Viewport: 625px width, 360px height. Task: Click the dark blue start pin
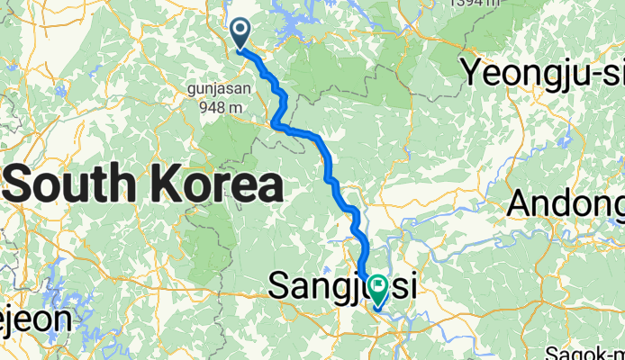[240, 32]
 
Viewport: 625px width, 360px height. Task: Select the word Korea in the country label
[211, 185]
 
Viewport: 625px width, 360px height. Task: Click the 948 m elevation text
[216, 106]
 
